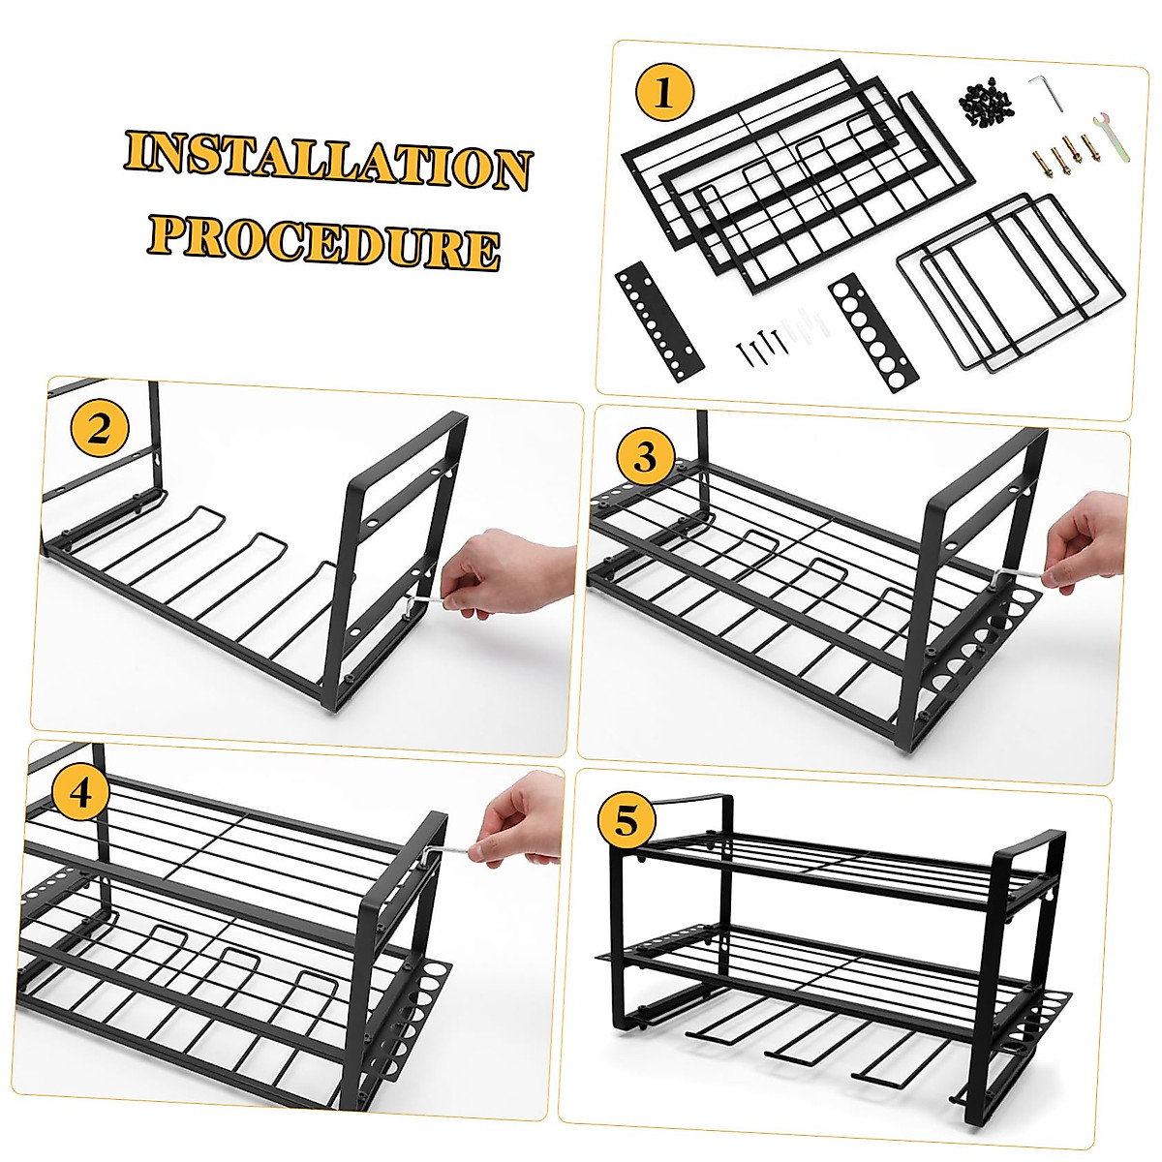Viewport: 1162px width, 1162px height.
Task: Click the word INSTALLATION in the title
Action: tap(327, 161)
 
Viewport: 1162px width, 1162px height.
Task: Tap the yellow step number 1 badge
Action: tap(664, 94)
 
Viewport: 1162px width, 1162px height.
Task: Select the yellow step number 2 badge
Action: tap(100, 429)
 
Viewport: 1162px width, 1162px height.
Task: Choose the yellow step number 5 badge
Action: tap(627, 821)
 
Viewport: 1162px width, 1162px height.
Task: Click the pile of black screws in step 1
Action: tap(984, 101)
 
